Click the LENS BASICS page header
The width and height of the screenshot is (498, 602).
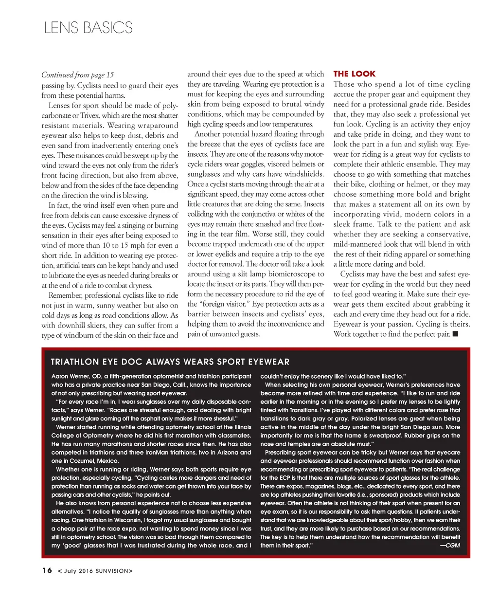[x=88, y=28]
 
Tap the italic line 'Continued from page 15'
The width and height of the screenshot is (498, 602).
[x=77, y=74]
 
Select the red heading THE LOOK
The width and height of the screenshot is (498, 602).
[x=354, y=74]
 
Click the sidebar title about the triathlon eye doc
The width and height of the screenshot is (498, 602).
[x=170, y=362]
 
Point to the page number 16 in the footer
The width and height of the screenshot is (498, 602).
[x=47, y=570]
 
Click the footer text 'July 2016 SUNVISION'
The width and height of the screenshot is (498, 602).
[x=95, y=571]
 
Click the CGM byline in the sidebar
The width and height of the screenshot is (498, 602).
[x=449, y=545]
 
